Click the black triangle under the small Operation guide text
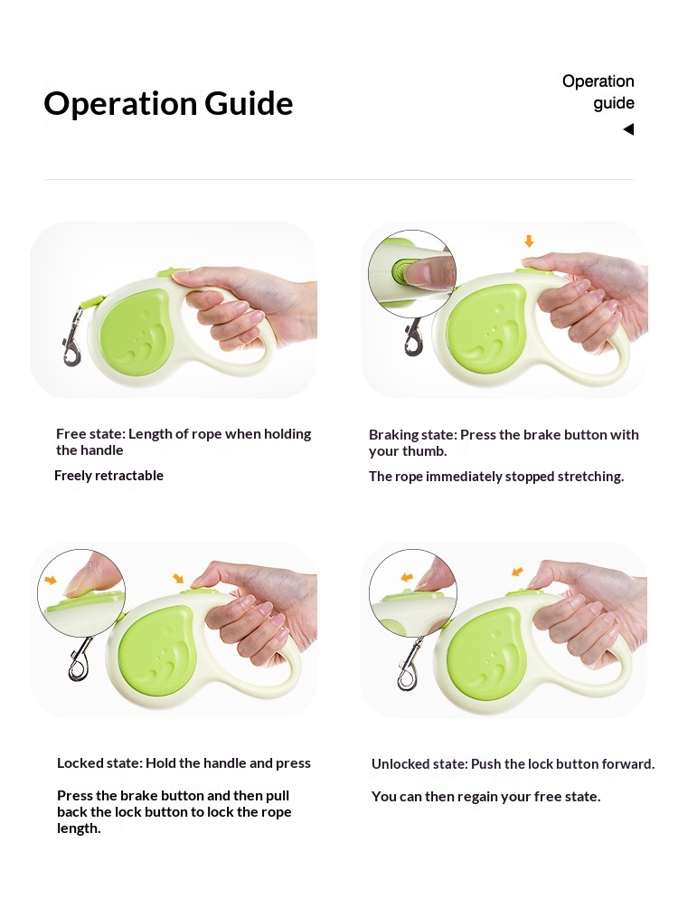[628, 129]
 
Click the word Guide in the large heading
[249, 104]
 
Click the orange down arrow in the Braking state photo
[529, 241]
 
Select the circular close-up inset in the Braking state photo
[412, 274]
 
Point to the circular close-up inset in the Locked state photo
[81, 592]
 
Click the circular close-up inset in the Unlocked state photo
[412, 592]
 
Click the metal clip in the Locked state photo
[80, 658]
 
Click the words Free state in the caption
[90, 434]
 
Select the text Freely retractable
[108, 476]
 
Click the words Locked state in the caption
[99, 763]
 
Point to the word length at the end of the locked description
[79, 828]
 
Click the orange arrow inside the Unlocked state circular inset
[406, 577]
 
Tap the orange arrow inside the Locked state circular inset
[51, 581]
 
